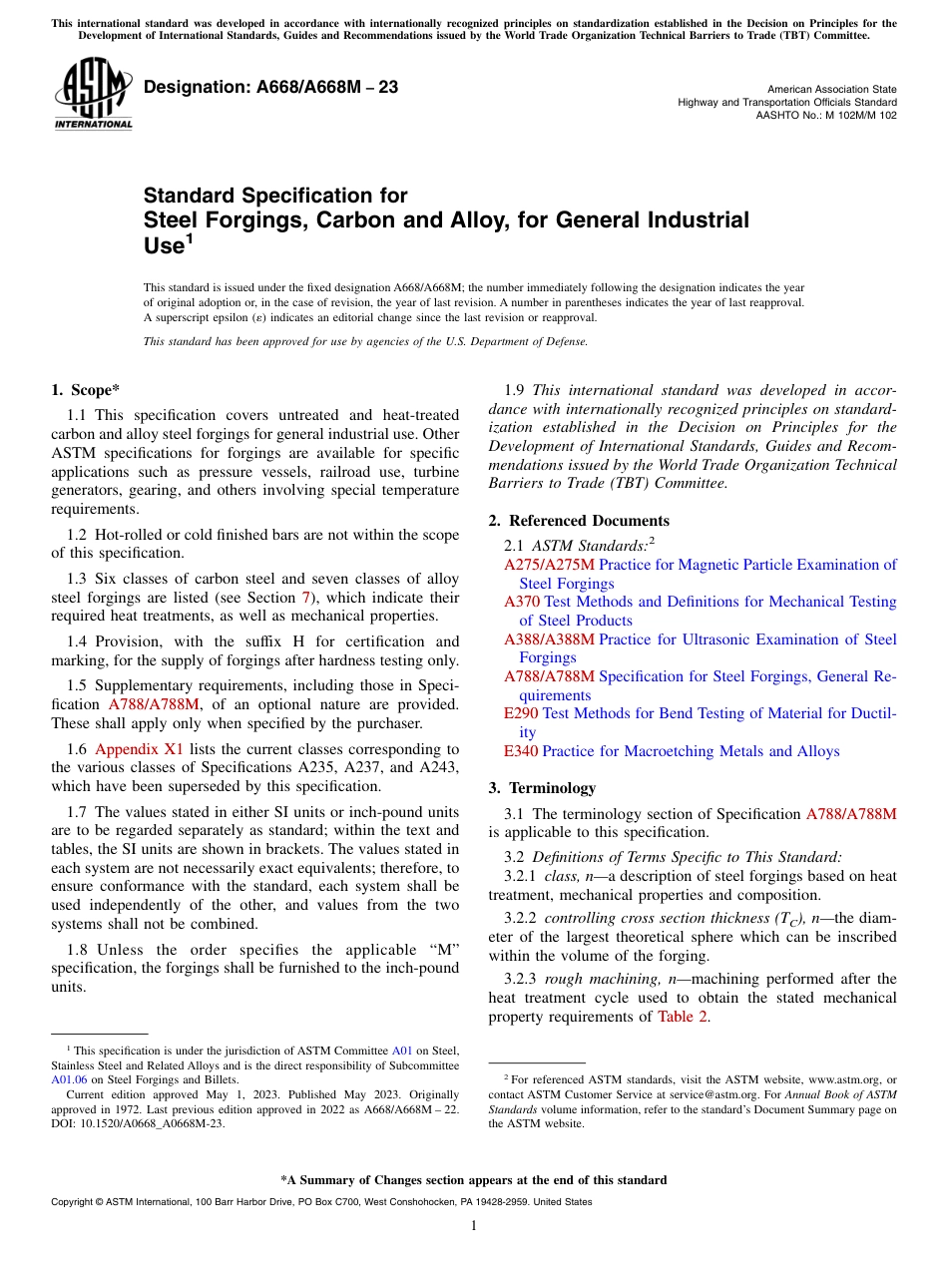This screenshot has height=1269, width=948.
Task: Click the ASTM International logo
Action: point(93,94)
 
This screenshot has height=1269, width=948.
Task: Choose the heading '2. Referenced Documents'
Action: point(579,521)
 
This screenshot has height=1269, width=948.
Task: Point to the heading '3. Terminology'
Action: point(542,788)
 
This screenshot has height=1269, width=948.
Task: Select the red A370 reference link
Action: point(522,602)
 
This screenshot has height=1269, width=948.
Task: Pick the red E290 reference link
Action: point(521,713)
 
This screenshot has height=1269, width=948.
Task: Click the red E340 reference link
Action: point(521,751)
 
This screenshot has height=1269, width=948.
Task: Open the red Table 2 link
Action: point(683,1017)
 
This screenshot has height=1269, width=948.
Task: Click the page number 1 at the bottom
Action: point(474,1226)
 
